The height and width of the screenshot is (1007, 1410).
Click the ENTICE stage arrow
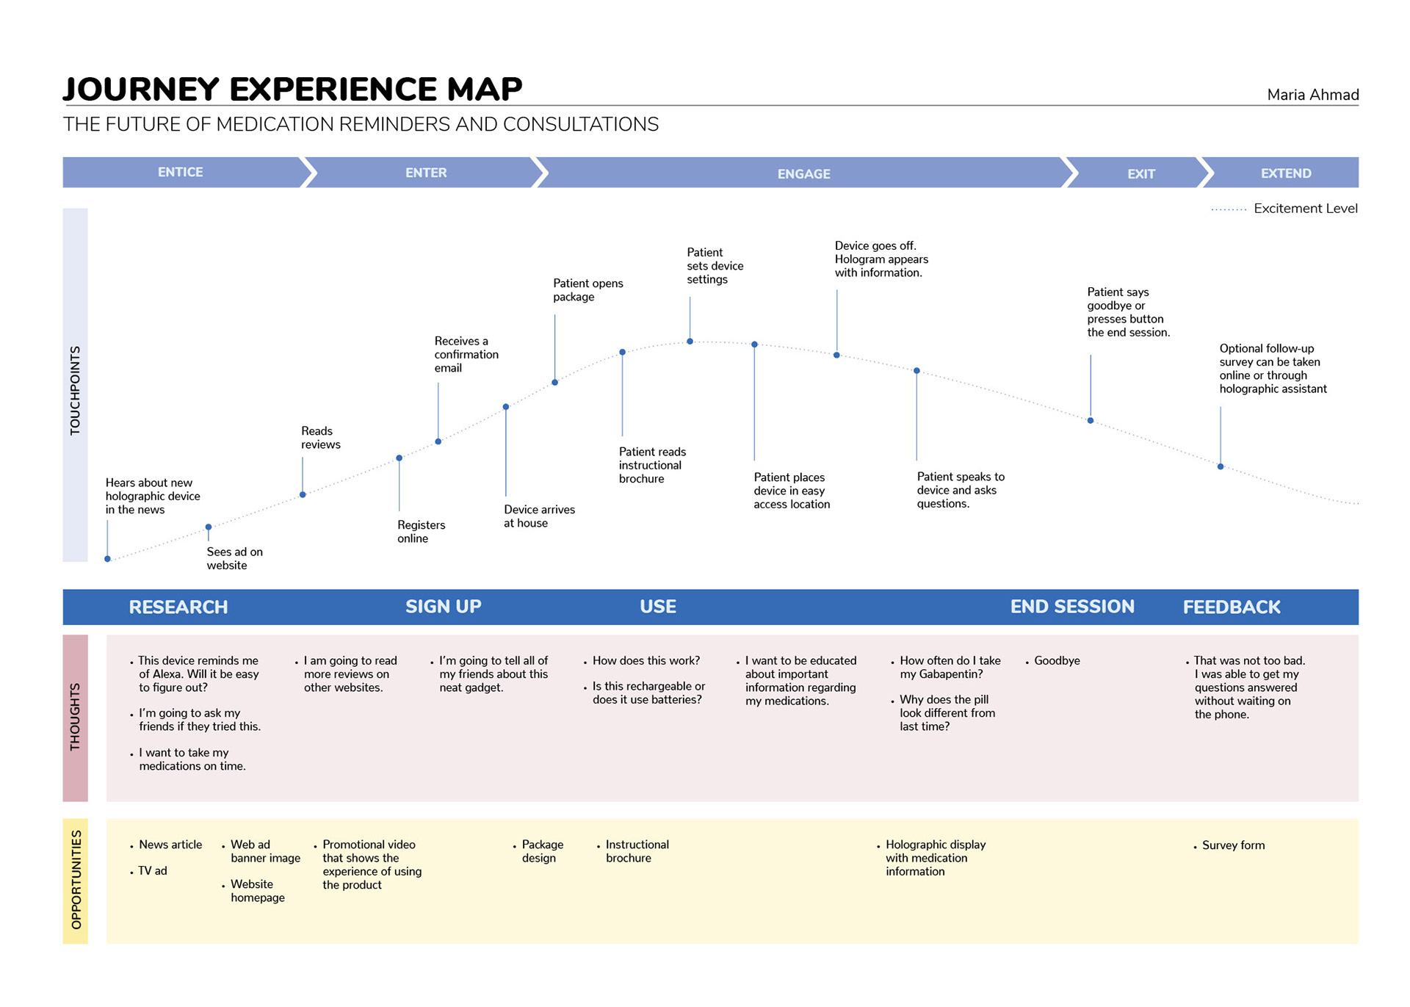point(184,173)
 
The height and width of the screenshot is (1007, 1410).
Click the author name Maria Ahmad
point(1313,95)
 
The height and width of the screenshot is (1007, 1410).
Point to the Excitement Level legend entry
point(1284,209)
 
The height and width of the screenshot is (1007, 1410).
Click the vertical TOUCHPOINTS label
point(75,390)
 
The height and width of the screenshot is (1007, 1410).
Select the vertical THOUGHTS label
point(75,717)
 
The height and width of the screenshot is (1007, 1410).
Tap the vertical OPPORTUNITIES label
point(76,880)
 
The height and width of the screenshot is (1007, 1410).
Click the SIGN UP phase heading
point(444,607)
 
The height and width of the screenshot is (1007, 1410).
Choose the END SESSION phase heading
point(1072,607)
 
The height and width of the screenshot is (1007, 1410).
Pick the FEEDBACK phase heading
point(1232,607)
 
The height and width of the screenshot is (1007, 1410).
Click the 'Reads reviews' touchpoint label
point(321,438)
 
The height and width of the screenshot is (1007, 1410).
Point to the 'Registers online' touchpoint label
point(421,532)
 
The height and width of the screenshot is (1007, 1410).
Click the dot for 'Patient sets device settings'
point(690,342)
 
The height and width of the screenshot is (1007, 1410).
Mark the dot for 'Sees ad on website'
point(209,527)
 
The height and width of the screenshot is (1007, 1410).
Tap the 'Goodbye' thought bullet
point(1057,661)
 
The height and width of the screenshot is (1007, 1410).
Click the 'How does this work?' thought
point(646,661)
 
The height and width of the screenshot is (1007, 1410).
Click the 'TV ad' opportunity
point(152,871)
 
